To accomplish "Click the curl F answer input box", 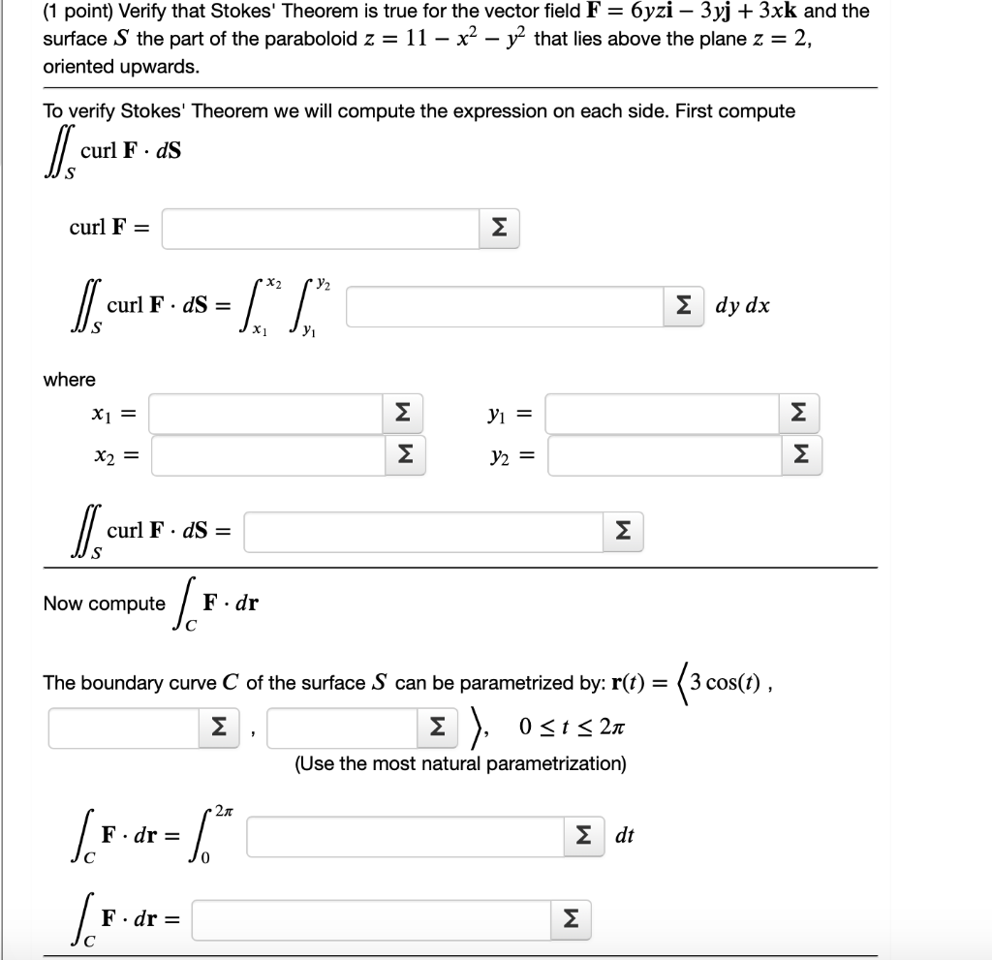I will coord(320,229).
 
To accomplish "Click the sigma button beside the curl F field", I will coord(498,229).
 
